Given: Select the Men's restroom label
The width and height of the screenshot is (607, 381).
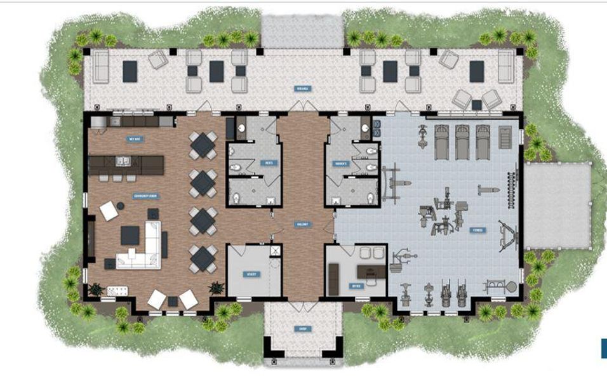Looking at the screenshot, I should pyautogui.click(x=269, y=163).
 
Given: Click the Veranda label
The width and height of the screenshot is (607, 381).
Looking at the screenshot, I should pyautogui.click(x=302, y=89).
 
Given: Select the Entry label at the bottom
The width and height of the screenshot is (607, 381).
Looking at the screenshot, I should pyautogui.click(x=303, y=328).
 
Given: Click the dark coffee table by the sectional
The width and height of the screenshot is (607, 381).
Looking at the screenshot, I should pyautogui.click(x=130, y=236).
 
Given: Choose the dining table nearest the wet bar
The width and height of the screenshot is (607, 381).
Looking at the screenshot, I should pyautogui.click(x=203, y=145).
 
